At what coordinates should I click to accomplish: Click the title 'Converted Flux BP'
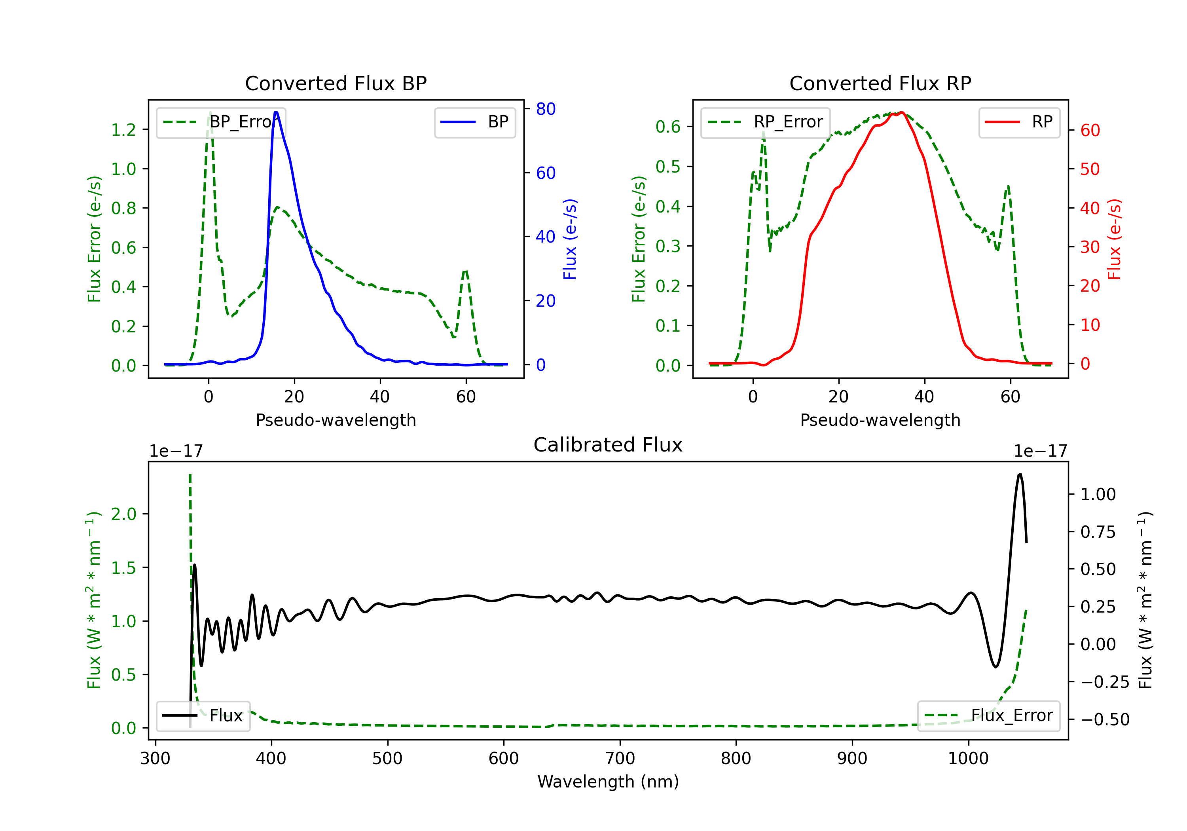tap(336, 83)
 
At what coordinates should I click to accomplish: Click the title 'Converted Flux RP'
tap(880, 83)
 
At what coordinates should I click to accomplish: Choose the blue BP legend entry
tap(474, 122)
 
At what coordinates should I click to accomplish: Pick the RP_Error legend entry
tap(765, 122)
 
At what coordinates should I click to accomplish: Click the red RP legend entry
tap(1018, 122)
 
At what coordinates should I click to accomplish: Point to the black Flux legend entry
tap(203, 716)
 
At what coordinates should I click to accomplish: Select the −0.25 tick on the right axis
tap(1105, 682)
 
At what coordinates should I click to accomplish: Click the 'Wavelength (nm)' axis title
tap(608, 782)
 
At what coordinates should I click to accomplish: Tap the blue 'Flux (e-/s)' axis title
tap(570, 239)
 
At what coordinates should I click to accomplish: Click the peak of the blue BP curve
tap(276, 112)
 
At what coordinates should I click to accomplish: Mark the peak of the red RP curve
tap(901, 112)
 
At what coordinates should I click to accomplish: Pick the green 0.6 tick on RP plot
tap(668, 127)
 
